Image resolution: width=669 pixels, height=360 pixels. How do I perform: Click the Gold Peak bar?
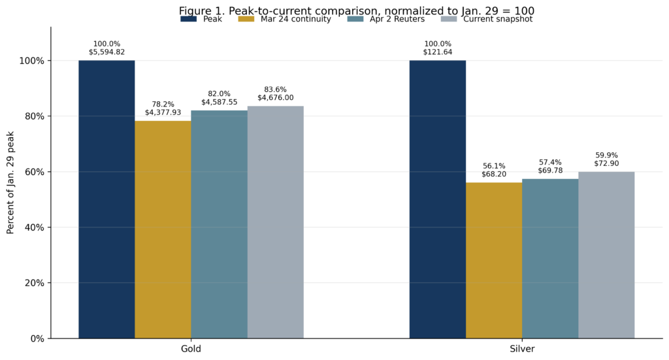[x=106, y=199]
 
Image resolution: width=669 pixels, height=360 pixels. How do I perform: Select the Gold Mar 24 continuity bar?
[x=163, y=229]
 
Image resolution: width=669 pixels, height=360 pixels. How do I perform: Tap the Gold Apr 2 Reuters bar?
[x=219, y=224]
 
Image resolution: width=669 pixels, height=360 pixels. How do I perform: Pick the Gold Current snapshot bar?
[x=275, y=222]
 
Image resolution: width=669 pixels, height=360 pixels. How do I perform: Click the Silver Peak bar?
[x=437, y=199]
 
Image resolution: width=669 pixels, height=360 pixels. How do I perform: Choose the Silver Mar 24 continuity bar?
[x=493, y=260]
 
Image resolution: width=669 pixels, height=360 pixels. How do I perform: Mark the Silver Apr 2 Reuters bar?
[x=549, y=258]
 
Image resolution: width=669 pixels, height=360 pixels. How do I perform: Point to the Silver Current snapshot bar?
[x=606, y=255]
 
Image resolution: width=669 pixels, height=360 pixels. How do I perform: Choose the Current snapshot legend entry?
[x=497, y=20]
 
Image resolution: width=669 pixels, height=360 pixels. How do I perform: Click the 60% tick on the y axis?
[x=31, y=172]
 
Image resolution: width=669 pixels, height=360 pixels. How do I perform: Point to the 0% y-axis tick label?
[x=36, y=338]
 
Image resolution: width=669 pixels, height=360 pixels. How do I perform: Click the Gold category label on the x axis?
[x=191, y=349]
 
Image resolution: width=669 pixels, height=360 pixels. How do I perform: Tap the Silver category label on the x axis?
[x=521, y=349]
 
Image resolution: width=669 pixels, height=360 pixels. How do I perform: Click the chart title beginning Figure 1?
[x=356, y=10]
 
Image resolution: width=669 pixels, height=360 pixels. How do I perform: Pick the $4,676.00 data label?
[x=275, y=98]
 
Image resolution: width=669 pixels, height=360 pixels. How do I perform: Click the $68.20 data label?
[x=493, y=174]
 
